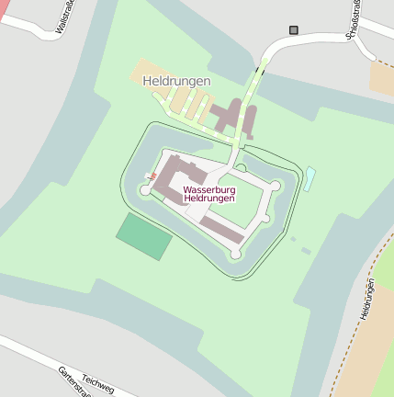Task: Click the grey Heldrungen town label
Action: (x=177, y=81)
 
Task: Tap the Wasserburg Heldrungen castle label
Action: (x=209, y=193)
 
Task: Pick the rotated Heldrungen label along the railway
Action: (x=367, y=299)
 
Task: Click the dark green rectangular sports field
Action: (x=143, y=236)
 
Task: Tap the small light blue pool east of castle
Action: (x=310, y=177)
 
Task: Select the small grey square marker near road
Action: (x=294, y=30)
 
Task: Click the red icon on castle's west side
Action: (x=152, y=176)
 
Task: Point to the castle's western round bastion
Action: (x=145, y=190)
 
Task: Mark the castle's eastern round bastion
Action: (x=274, y=187)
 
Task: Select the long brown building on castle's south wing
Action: (x=222, y=230)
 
